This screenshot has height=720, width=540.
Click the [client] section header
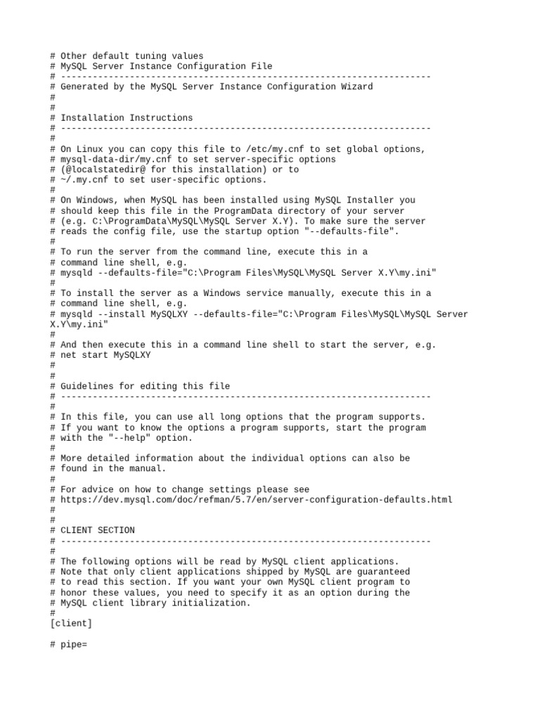coord(71,624)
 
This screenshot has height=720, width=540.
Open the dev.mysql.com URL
coord(257,499)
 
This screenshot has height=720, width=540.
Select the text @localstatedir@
coord(98,169)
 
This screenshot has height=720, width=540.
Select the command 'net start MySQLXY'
coord(105,355)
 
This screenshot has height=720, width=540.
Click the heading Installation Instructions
coord(127,117)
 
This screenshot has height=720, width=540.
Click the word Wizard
coord(355,86)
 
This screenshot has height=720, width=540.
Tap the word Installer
coord(375,200)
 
